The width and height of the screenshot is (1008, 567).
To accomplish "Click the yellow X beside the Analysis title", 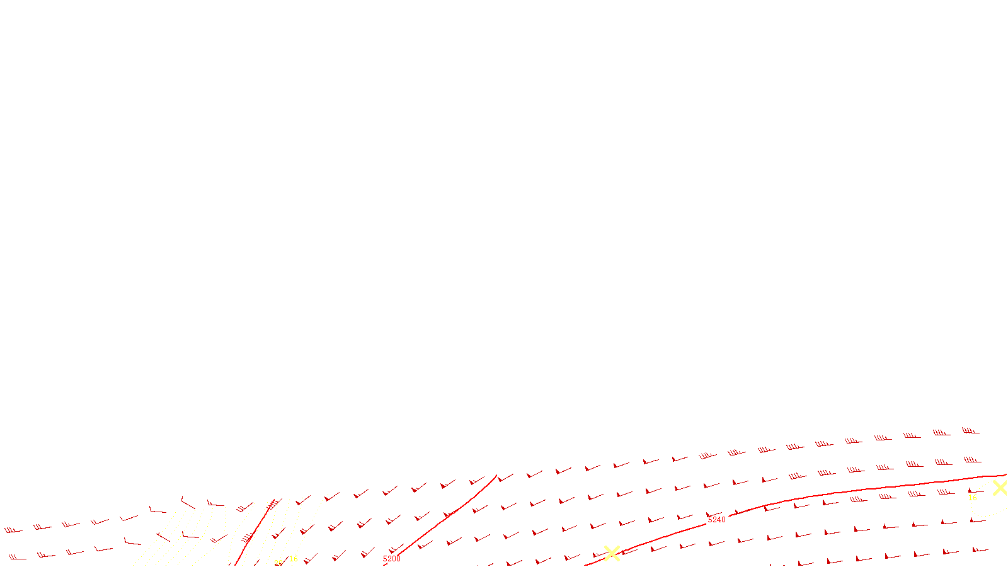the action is point(612,554).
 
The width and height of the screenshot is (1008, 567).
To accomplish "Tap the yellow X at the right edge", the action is point(1000,488).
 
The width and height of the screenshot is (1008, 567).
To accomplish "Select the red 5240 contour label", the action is point(717,520).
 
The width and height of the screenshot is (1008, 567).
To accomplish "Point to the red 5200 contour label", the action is point(391,559).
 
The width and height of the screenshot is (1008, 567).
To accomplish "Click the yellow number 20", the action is point(278,563).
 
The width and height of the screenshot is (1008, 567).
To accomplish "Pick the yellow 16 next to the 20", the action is point(294,559).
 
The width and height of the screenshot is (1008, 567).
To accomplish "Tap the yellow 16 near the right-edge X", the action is point(973,498).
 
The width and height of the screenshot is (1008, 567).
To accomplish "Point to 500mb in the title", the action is point(504,557).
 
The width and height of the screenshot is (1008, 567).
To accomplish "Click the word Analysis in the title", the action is point(537,557).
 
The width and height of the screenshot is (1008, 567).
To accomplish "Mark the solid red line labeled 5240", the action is point(850,491).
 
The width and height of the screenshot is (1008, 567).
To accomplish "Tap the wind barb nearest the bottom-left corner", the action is point(16,557).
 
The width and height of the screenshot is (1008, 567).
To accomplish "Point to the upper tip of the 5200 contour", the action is point(496,476).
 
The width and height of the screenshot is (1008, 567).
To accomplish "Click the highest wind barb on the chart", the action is point(970,431).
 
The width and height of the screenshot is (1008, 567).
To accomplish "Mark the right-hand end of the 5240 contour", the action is point(1005,475).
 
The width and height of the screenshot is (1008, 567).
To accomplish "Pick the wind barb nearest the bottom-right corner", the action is point(980,549).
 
